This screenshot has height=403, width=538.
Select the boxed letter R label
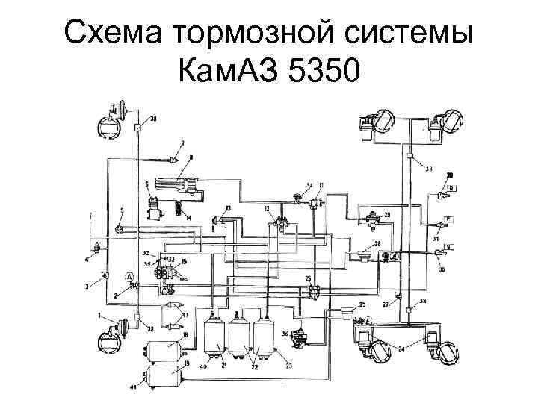pos(452,187)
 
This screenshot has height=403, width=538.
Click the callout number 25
pos(362,304)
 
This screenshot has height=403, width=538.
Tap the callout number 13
pos(228,207)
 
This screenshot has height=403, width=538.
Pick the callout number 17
pos(186,315)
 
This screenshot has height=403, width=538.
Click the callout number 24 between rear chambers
pos(401,349)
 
